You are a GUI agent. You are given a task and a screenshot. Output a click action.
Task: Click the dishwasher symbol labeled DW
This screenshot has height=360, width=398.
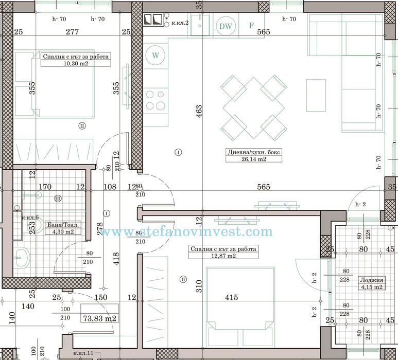click(x=225, y=26)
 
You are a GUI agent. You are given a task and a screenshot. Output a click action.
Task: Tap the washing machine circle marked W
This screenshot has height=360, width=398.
click(x=155, y=54)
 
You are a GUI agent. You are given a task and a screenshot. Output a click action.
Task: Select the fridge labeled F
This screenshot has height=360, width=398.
click(x=251, y=25)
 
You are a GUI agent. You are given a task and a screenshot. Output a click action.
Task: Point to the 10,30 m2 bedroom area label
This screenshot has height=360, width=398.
click(x=75, y=64)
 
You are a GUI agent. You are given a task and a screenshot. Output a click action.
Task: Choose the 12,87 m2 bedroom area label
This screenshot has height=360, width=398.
click(x=223, y=256)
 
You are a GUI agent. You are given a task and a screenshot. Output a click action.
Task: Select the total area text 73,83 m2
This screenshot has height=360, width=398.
click(x=100, y=318)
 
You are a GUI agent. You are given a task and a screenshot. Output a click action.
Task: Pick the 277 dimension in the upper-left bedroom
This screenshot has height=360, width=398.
click(x=72, y=32)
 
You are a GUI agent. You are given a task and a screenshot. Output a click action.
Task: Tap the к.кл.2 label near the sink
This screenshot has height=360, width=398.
click(x=180, y=23)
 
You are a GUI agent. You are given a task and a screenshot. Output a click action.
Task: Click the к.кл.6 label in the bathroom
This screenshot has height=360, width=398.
click(x=30, y=218)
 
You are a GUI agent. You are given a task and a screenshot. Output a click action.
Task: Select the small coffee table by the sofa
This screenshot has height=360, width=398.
click(x=316, y=95)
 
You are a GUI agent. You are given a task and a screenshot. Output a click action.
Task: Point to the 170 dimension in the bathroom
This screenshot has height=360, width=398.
click(x=45, y=187)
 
